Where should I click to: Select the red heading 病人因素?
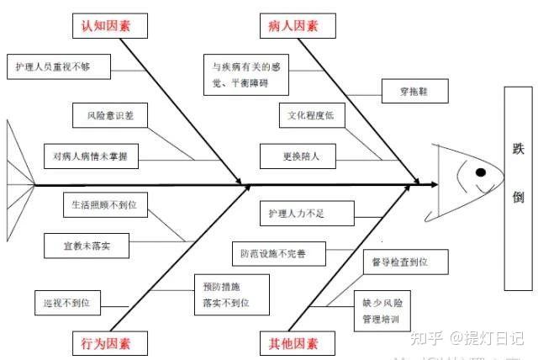point(294,26)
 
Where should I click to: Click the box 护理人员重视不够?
point(53,66)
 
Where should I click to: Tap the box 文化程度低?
point(311,115)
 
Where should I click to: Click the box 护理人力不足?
point(297,213)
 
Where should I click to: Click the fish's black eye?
point(480,172)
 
